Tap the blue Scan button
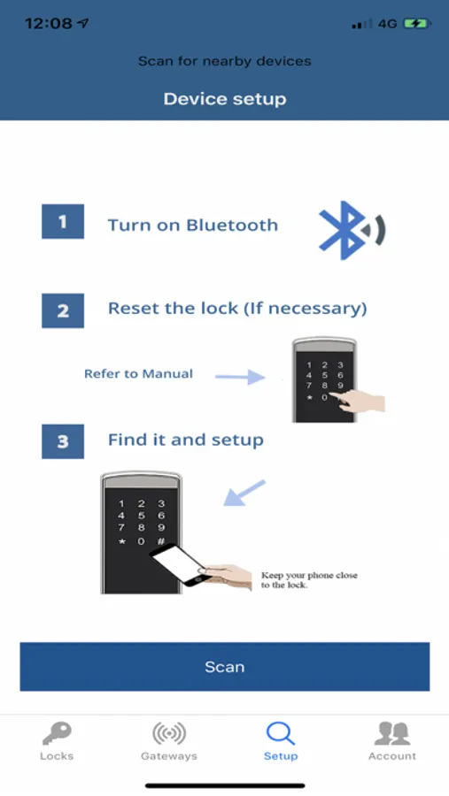[224, 666]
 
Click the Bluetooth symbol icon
[352, 230]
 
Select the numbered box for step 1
[63, 221]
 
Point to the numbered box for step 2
[63, 310]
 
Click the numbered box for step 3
[63, 441]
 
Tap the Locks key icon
[57, 734]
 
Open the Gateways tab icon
[169, 733]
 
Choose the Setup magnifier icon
[280, 734]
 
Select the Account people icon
[392, 733]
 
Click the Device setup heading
[225, 98]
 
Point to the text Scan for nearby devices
[225, 61]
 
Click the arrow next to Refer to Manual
[240, 377]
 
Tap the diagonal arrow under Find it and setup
[244, 493]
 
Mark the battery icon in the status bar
[417, 23]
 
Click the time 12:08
[50, 23]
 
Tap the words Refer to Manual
[138, 374]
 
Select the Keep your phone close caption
[309, 579]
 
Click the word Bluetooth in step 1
[232, 225]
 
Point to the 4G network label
[387, 23]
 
